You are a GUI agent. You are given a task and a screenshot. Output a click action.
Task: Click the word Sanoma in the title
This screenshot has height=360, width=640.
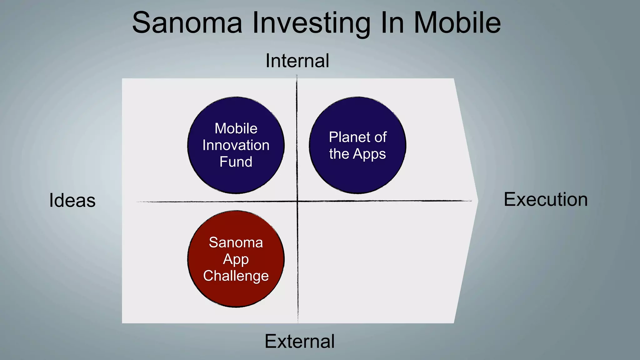point(187,22)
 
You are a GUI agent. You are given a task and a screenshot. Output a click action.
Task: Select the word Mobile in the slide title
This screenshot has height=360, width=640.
point(457,22)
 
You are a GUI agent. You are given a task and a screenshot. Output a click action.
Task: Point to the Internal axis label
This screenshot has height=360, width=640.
point(297,61)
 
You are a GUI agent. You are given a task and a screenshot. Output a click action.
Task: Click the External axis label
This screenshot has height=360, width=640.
point(299,341)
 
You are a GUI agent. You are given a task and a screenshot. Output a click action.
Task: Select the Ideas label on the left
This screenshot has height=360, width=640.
point(72,200)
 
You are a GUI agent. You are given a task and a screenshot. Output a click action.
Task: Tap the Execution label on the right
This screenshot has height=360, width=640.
point(546,199)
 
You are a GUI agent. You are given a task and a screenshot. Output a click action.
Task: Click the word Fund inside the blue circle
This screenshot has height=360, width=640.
point(236,162)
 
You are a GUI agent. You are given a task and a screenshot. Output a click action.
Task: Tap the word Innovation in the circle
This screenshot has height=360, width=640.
point(236,145)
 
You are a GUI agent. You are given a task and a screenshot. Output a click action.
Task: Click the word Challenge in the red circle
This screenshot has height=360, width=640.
point(236,276)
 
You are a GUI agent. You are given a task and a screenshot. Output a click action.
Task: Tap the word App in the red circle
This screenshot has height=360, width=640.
point(236,259)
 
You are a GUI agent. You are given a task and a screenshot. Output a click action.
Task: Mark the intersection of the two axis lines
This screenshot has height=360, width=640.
point(297,201)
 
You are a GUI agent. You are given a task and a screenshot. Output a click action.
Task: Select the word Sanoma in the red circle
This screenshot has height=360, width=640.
point(236,242)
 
